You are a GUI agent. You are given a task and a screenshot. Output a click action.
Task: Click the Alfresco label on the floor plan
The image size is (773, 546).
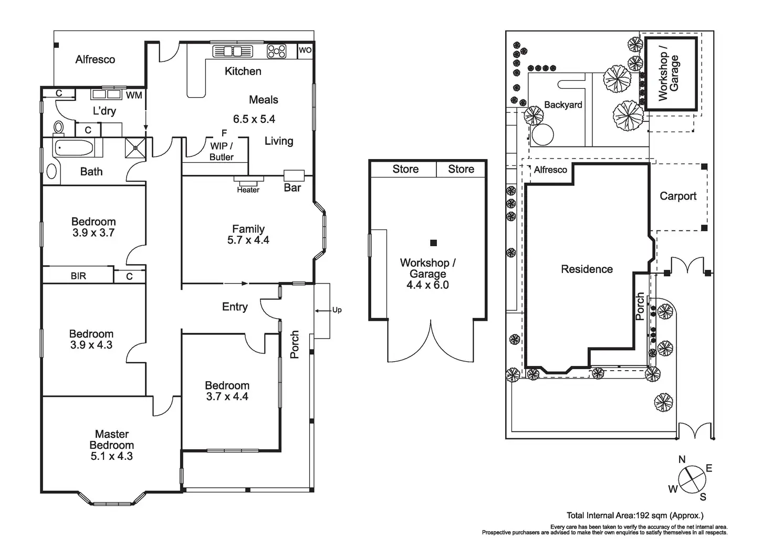[95, 59]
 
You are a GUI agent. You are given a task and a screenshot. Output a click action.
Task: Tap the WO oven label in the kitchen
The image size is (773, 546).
[305, 50]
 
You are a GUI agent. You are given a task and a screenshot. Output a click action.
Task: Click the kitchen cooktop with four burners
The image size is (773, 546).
[277, 51]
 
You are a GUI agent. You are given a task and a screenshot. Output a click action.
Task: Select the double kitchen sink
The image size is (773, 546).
[233, 51]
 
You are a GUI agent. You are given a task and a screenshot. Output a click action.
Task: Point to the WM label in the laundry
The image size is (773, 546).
[134, 95]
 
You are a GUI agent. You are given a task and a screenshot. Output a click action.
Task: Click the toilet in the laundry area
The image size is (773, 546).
[58, 128]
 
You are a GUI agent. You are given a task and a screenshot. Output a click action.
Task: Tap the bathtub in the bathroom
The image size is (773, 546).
[74, 148]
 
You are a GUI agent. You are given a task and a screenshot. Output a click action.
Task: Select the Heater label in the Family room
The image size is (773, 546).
[248, 190]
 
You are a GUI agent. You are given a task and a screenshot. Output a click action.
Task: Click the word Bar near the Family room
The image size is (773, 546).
[293, 187]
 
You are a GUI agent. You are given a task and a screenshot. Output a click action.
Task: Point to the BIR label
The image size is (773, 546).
[78, 276]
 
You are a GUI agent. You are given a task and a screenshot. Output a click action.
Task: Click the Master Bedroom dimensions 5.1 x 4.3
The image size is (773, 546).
[112, 456]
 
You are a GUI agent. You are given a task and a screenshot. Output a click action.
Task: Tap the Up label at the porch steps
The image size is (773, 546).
[337, 310]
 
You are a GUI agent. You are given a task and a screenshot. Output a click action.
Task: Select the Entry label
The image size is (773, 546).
[235, 307]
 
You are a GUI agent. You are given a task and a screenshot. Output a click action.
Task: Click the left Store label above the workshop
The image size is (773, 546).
[405, 169]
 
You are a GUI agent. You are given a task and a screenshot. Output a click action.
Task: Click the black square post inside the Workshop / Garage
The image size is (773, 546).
[434, 243]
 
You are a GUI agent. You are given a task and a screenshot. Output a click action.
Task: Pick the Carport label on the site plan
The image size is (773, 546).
[678, 196]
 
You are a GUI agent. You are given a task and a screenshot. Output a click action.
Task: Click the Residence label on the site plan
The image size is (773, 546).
[587, 269]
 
